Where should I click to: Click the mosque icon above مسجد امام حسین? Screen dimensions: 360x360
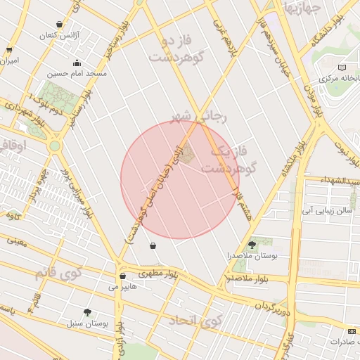(x=74, y=63)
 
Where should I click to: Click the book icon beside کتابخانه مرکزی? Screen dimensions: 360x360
(x=342, y=67)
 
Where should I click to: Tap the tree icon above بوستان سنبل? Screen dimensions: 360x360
(x=87, y=311)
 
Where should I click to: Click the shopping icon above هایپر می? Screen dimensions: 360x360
(x=123, y=276)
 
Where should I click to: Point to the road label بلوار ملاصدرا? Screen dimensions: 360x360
(x=243, y=279)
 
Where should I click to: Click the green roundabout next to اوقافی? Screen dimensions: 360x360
(x=54, y=146)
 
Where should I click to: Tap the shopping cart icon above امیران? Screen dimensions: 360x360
(x=8, y=50)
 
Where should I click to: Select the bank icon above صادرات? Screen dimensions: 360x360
(x=352, y=331)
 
